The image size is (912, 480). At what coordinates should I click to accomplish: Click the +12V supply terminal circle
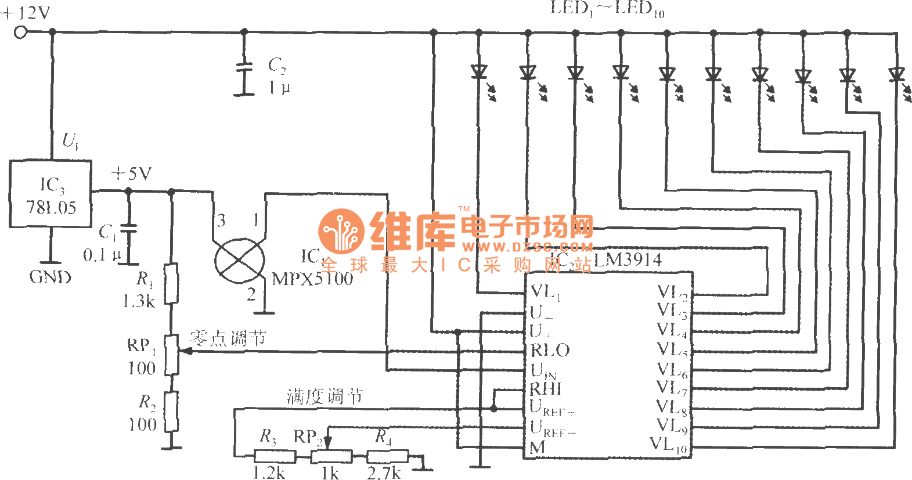(21, 33)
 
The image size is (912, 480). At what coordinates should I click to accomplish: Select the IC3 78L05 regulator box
(51, 194)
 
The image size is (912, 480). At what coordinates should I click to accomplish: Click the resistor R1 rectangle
(171, 284)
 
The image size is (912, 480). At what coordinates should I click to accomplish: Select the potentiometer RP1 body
(171, 355)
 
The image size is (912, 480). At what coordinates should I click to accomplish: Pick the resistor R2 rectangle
(171, 411)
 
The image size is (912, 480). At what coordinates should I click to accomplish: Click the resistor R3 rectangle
(275, 456)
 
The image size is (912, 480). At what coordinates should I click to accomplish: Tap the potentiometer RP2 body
(331, 456)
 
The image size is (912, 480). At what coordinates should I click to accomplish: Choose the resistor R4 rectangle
(387, 456)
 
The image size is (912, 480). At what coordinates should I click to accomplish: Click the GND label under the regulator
(50, 277)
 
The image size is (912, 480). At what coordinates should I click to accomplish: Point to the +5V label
(131, 174)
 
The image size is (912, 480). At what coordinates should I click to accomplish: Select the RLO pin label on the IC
(550, 350)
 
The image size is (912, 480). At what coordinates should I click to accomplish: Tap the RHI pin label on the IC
(546, 388)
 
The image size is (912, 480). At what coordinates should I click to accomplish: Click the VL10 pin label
(669, 445)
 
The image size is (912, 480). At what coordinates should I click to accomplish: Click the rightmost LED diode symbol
(896, 75)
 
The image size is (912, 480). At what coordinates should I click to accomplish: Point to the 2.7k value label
(384, 473)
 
